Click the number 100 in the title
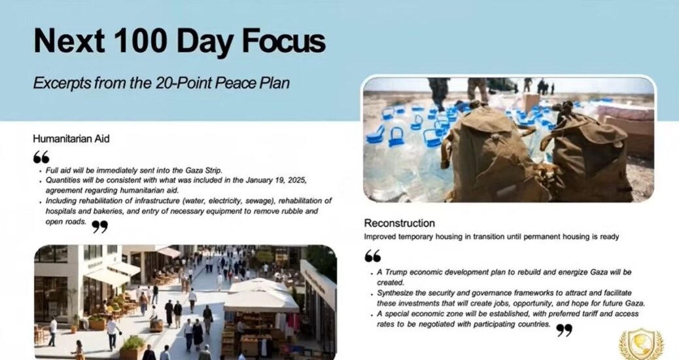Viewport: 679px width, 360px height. pyautogui.click(x=141, y=41)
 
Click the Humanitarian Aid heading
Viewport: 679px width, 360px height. pyautogui.click(x=71, y=139)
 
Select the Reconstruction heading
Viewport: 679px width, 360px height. pyautogui.click(x=399, y=223)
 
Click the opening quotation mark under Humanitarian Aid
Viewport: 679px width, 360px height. pyautogui.click(x=41, y=157)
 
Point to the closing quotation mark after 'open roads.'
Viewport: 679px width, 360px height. pyautogui.click(x=99, y=226)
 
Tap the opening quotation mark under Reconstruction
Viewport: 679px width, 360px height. pyautogui.click(x=372, y=256)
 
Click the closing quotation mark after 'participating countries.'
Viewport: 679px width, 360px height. pyautogui.click(x=565, y=330)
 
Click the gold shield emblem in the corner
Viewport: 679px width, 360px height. pyautogui.click(x=640, y=344)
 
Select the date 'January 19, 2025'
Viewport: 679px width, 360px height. pyautogui.click(x=276, y=180)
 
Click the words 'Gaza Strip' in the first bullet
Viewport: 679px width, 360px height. pyautogui.click(x=204, y=170)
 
